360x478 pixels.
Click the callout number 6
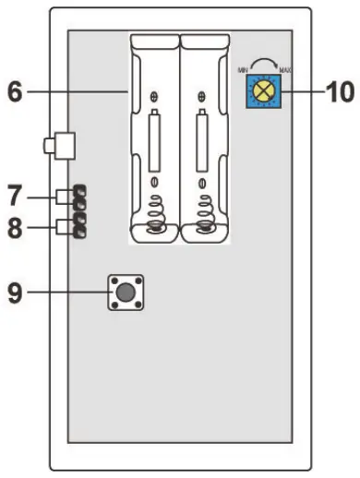point(15,91)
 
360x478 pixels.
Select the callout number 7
point(14,196)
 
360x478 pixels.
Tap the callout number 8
point(15,227)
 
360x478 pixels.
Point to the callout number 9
point(14,293)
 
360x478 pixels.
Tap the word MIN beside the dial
point(244,67)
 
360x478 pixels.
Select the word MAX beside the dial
point(286,67)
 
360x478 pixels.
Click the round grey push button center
point(123,293)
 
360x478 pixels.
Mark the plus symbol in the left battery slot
point(155,96)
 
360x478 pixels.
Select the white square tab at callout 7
point(64,196)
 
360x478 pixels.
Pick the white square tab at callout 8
point(64,227)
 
